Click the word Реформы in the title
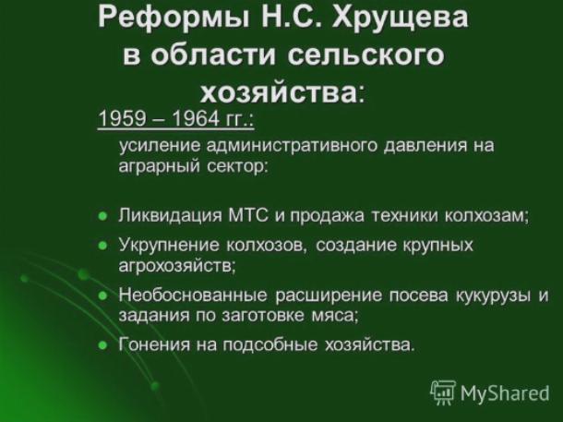click(x=174, y=18)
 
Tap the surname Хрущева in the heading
click(x=400, y=18)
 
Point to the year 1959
click(x=122, y=118)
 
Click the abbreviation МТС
click(x=248, y=215)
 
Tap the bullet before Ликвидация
click(x=102, y=216)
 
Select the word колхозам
click(x=486, y=216)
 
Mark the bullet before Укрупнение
click(x=102, y=246)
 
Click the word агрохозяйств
click(x=177, y=266)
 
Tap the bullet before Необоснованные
click(x=102, y=295)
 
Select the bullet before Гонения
click(x=102, y=345)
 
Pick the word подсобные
click(x=270, y=345)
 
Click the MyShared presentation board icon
click(x=443, y=392)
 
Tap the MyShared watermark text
click(x=505, y=393)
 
